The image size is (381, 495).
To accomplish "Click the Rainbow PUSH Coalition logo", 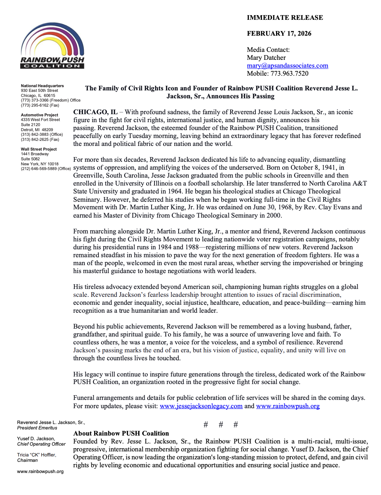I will [x=52, y=46].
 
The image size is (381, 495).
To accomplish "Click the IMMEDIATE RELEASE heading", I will [x=285, y=18].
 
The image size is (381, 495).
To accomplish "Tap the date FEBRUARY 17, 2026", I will [x=279, y=34].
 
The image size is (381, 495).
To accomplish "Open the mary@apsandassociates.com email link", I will [x=287, y=66].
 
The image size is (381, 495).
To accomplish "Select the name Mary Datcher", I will [x=266, y=58].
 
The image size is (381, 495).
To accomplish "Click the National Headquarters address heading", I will [x=42, y=86].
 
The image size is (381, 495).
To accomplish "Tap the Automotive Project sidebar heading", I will [x=39, y=115].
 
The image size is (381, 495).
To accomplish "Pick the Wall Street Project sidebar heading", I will [x=39, y=149].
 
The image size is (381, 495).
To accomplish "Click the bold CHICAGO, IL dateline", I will [x=95, y=112].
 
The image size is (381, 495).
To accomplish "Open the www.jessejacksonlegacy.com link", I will [x=201, y=406].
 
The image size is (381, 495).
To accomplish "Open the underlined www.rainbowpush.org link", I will [x=288, y=406].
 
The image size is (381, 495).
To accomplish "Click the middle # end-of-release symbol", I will [x=221, y=425].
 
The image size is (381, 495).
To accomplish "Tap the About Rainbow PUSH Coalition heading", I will [x=121, y=433].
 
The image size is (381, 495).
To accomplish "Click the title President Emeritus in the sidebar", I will [x=37, y=428].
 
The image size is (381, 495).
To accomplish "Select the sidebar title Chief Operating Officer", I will [x=41, y=444].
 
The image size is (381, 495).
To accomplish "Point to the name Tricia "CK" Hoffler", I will [x=36, y=455].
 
